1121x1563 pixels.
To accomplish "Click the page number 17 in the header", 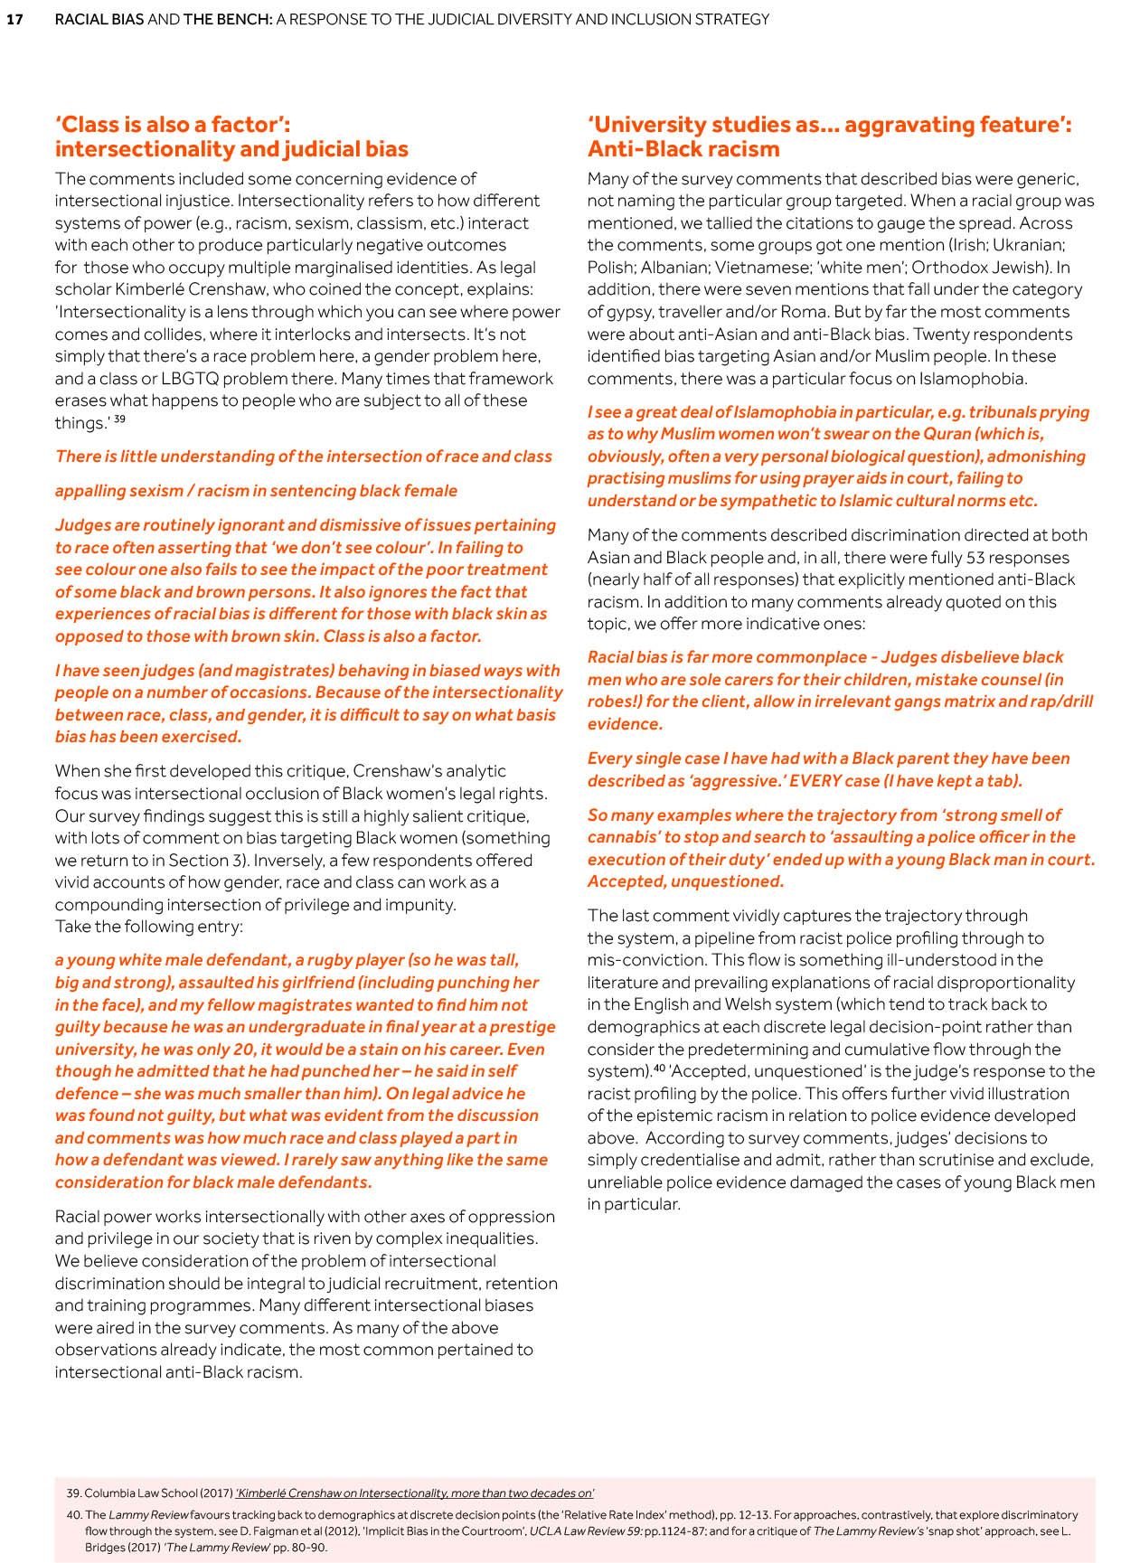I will [14, 19].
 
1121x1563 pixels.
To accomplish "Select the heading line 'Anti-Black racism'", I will [683, 149].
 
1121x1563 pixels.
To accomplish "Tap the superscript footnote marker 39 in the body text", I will [119, 419].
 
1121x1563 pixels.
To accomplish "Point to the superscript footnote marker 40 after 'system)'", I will [659, 1068].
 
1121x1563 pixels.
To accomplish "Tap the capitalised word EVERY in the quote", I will [821, 781].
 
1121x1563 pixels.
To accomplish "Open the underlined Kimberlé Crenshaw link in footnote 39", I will [414, 1493].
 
